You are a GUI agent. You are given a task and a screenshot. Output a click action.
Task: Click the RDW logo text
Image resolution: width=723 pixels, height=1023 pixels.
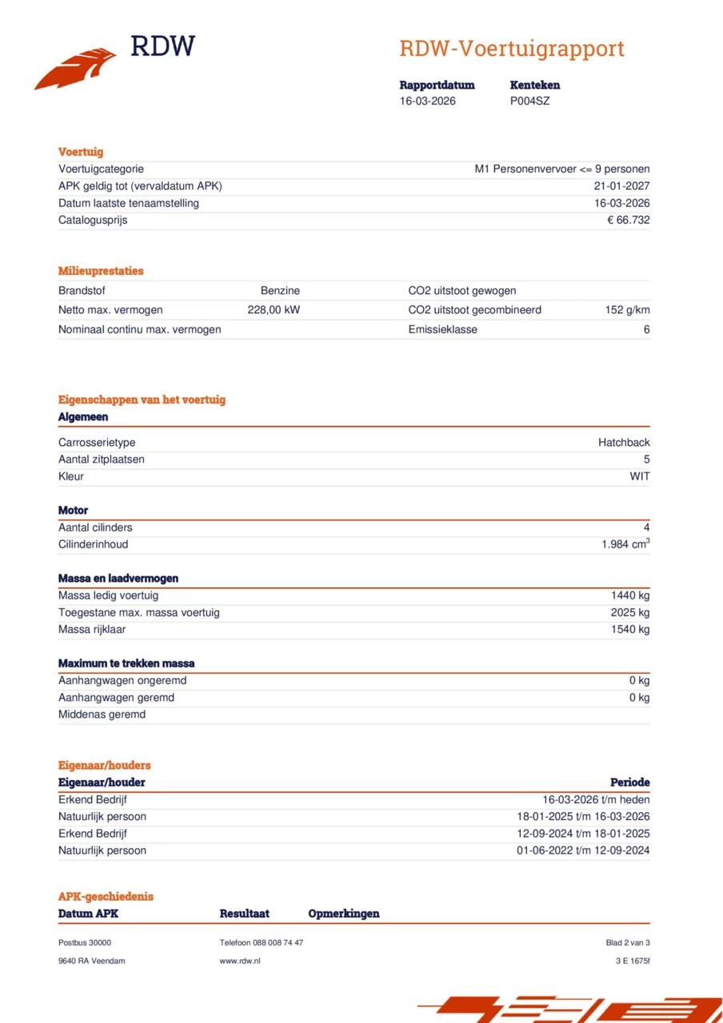click(x=162, y=46)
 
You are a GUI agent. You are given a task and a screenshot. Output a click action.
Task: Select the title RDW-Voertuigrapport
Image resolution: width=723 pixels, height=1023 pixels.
click(x=511, y=49)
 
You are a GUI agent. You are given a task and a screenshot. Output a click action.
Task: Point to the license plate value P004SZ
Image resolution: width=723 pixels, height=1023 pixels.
click(x=529, y=101)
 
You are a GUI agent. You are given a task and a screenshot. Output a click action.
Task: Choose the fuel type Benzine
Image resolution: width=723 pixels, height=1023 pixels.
click(x=280, y=291)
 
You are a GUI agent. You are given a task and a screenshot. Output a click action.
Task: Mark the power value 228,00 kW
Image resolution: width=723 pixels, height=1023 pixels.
click(x=274, y=310)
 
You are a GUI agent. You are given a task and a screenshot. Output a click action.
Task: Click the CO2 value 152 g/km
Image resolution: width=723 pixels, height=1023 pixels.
click(x=627, y=310)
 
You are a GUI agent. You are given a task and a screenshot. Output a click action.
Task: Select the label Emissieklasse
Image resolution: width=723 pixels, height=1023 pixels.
click(x=442, y=329)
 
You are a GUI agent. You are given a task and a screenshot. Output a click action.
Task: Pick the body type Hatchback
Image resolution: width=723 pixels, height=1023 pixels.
click(x=624, y=443)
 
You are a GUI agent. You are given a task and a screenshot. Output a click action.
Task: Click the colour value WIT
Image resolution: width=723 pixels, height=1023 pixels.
click(x=639, y=476)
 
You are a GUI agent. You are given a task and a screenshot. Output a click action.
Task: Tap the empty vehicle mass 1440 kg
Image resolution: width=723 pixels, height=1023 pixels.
click(x=630, y=595)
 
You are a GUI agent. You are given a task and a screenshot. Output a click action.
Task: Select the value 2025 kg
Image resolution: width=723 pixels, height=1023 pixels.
click(x=630, y=612)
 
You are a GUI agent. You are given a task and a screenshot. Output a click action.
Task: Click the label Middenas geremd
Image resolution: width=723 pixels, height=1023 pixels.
click(x=102, y=715)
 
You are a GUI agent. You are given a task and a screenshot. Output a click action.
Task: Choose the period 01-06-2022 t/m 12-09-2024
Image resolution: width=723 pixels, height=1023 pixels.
click(x=583, y=850)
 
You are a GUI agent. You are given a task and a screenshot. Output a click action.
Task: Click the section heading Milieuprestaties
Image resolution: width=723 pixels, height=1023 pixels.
click(x=101, y=271)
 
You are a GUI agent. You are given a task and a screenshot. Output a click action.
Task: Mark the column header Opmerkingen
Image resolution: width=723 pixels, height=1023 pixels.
click(x=344, y=914)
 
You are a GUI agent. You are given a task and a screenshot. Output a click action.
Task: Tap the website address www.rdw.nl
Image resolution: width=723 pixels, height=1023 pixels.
click(x=240, y=961)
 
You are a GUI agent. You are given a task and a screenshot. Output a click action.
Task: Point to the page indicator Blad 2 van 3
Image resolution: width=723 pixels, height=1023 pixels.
click(x=628, y=943)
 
